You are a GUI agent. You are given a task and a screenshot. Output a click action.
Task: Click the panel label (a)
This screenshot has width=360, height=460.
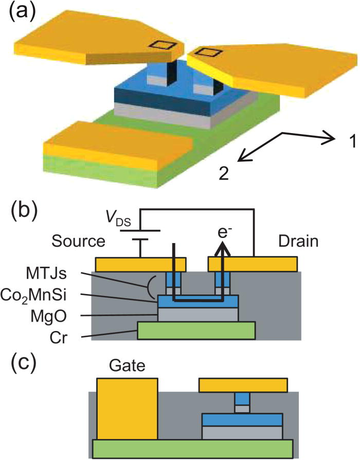22,14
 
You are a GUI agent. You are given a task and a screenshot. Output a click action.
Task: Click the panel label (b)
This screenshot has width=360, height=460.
22,210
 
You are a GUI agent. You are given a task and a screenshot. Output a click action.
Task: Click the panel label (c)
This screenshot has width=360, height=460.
22,364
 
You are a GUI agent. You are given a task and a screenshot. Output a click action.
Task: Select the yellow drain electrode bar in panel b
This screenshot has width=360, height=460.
252,264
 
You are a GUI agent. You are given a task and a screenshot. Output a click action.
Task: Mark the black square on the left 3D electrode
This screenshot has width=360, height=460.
163,45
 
